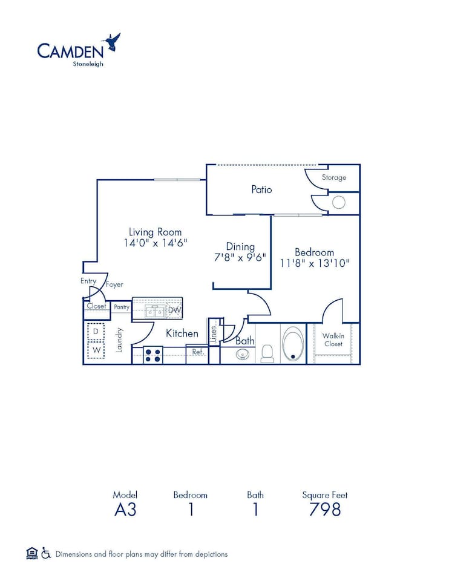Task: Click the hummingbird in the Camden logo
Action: coord(112,42)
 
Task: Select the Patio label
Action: coord(261,189)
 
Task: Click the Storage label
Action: coord(333,177)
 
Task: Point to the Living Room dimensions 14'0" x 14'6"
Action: coord(155,243)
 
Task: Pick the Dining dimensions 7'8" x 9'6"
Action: coord(240,257)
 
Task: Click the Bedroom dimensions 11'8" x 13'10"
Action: coord(315,263)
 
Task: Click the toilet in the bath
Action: coord(267,353)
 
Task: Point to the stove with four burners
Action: coord(152,354)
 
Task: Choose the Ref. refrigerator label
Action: coord(197,352)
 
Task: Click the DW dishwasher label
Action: coord(174,310)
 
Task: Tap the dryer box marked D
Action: coord(96,332)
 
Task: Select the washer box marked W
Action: coord(96,350)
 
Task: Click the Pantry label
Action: coord(122,307)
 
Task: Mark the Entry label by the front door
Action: coord(88,281)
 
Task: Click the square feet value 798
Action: coord(325,510)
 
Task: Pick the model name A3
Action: coord(125,510)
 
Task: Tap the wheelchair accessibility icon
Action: coord(46,553)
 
